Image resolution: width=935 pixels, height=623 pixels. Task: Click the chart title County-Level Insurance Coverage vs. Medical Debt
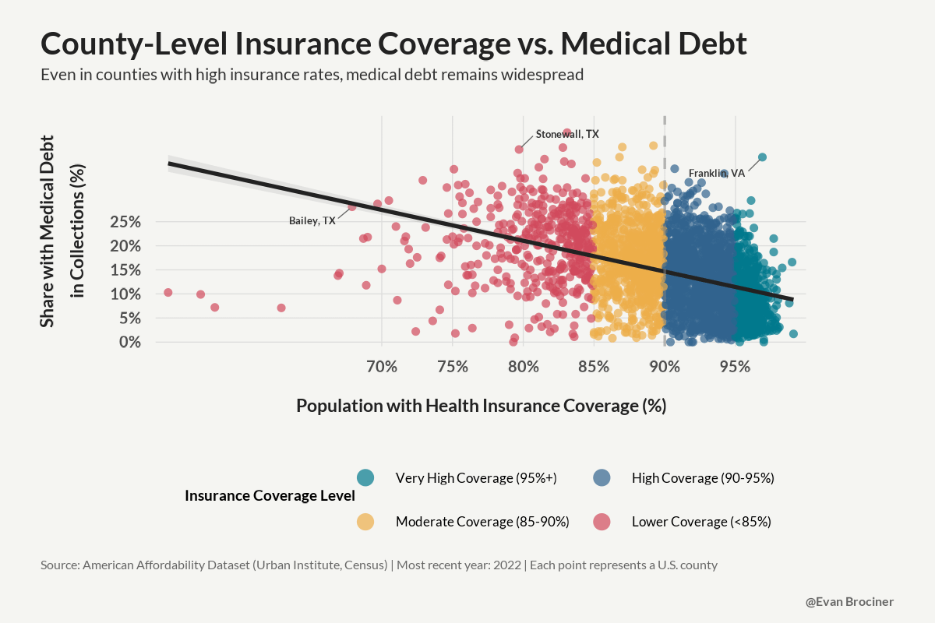[x=393, y=44]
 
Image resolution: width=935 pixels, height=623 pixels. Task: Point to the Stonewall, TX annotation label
[x=567, y=134]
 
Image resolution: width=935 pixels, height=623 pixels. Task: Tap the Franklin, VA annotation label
[x=716, y=173]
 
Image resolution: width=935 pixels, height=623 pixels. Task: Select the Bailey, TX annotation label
[x=312, y=220]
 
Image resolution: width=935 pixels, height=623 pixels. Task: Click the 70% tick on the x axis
[x=382, y=365]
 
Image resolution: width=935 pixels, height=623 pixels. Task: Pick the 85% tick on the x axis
[x=594, y=365]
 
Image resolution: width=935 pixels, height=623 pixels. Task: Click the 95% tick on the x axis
[x=735, y=365]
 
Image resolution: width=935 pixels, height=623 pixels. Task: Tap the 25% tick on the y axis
[x=125, y=222]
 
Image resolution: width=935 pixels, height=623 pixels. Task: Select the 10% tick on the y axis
[x=125, y=294]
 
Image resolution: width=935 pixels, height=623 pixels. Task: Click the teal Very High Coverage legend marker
[x=365, y=477]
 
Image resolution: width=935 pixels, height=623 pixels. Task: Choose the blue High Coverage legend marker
[x=602, y=477]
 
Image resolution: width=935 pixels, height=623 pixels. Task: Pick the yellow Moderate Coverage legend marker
[x=365, y=521]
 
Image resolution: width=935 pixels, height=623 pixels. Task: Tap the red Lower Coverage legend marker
[x=602, y=521]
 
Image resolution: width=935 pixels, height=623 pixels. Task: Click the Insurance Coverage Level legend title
[x=270, y=495]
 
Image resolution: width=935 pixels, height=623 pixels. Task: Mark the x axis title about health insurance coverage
[x=481, y=406]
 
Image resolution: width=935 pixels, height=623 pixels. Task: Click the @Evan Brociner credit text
[x=849, y=602]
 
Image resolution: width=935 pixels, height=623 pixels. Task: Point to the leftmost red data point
[x=168, y=292]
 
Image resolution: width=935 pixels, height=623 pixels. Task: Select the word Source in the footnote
[x=60, y=565]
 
